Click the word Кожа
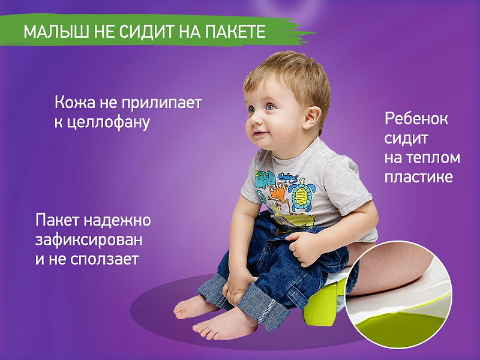point(75,102)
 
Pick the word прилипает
point(161,103)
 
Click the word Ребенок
point(416,118)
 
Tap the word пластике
point(418,176)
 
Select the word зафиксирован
point(89,239)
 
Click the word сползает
point(104,259)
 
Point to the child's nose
point(252,122)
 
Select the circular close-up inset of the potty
point(398,294)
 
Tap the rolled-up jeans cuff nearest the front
point(264,308)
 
